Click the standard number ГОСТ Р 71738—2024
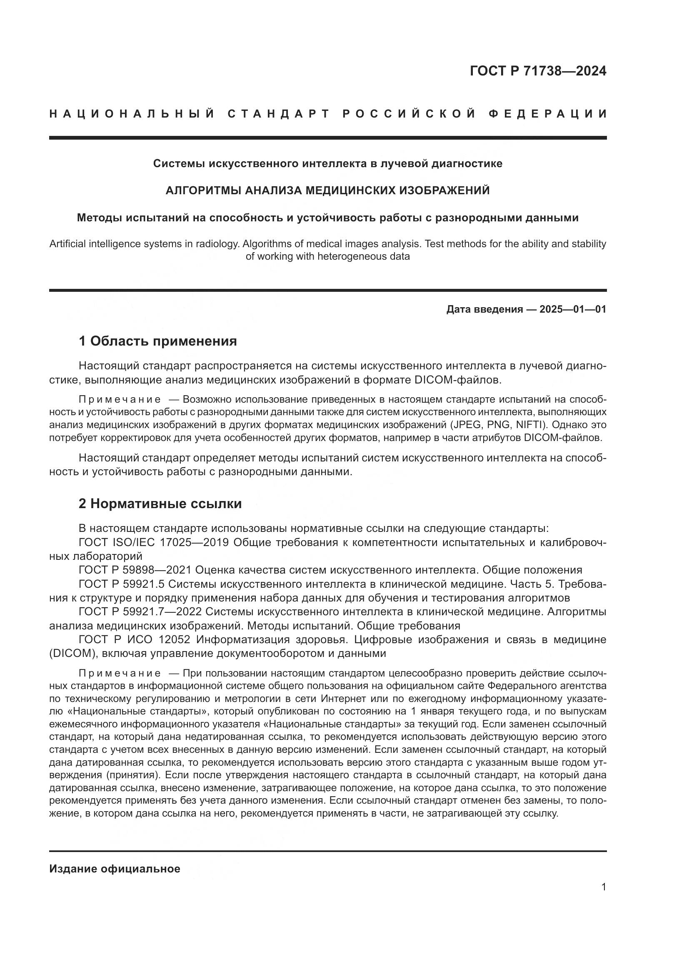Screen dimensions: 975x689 tap(538, 71)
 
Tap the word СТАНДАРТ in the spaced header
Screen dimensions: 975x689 tap(279, 114)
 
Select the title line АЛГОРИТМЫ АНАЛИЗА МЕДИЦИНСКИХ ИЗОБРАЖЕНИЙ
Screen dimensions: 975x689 tap(327, 190)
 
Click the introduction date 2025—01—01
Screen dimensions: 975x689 tap(573, 309)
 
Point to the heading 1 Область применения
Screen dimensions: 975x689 tap(158, 341)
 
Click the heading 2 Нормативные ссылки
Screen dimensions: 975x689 tap(160, 504)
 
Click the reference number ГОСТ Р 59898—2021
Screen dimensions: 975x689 tap(137, 570)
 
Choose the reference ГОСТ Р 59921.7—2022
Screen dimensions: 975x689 tap(137, 612)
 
